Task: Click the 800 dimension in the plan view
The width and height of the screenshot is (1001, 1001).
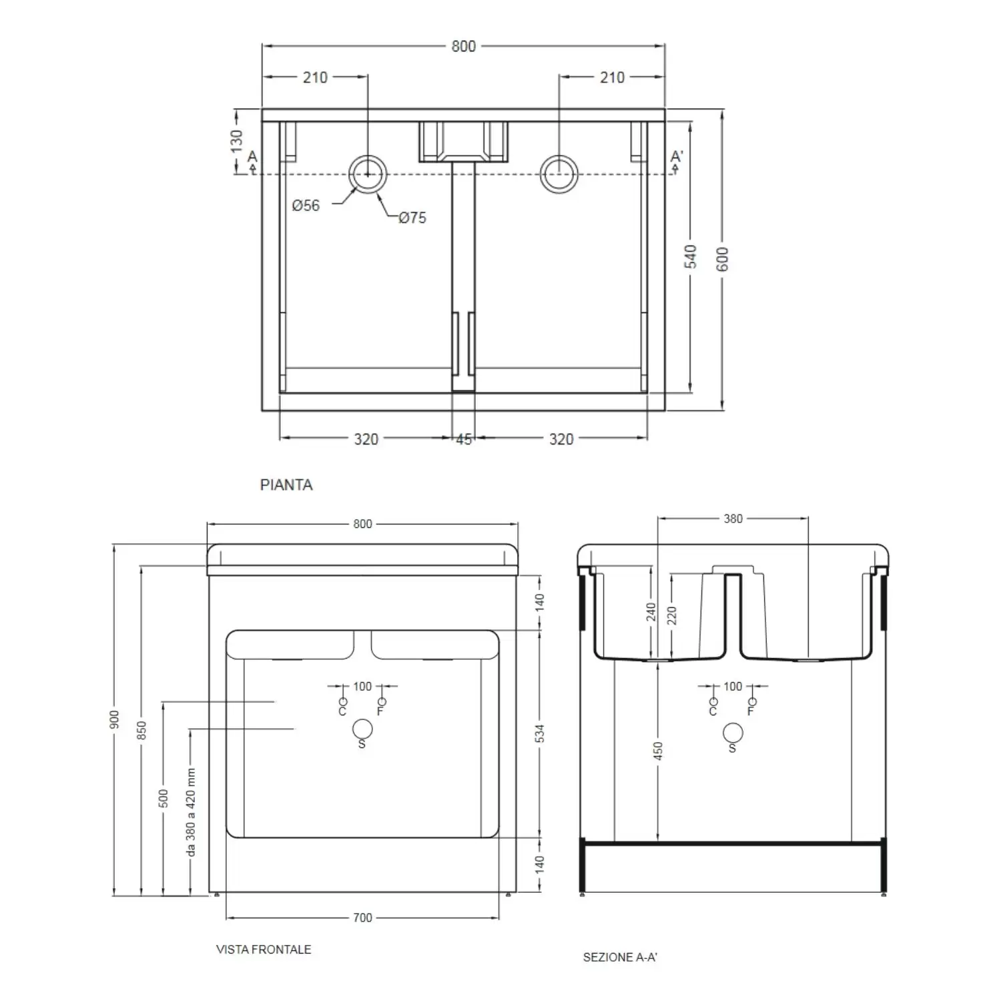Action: pos(463,46)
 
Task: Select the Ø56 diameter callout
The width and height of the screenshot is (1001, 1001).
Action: pos(306,206)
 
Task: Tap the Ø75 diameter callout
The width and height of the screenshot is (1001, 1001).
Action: pos(412,218)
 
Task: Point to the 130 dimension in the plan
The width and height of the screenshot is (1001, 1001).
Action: pos(237,141)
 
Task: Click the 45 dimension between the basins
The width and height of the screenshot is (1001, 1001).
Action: pos(464,439)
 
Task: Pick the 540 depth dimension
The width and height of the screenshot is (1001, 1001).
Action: pos(691,257)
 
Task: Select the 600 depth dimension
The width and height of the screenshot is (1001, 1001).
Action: pos(723,259)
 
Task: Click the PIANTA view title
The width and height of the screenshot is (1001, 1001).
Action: pos(286,485)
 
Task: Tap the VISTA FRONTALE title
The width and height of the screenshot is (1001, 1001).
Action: pos(264,950)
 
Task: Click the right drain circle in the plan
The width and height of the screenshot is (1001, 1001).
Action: pos(559,174)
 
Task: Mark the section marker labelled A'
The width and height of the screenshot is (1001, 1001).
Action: pos(677,157)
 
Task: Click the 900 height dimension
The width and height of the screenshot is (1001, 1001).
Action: pos(115,719)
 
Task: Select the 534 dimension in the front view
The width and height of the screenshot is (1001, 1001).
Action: pos(540,733)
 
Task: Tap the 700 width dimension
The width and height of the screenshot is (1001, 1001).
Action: pos(362,918)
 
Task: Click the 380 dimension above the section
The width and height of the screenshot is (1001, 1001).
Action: pos(733,519)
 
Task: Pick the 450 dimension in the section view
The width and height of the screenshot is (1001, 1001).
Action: pos(658,751)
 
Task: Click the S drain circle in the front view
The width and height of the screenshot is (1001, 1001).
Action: pos(362,729)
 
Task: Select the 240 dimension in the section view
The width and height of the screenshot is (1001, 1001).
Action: pos(651,612)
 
